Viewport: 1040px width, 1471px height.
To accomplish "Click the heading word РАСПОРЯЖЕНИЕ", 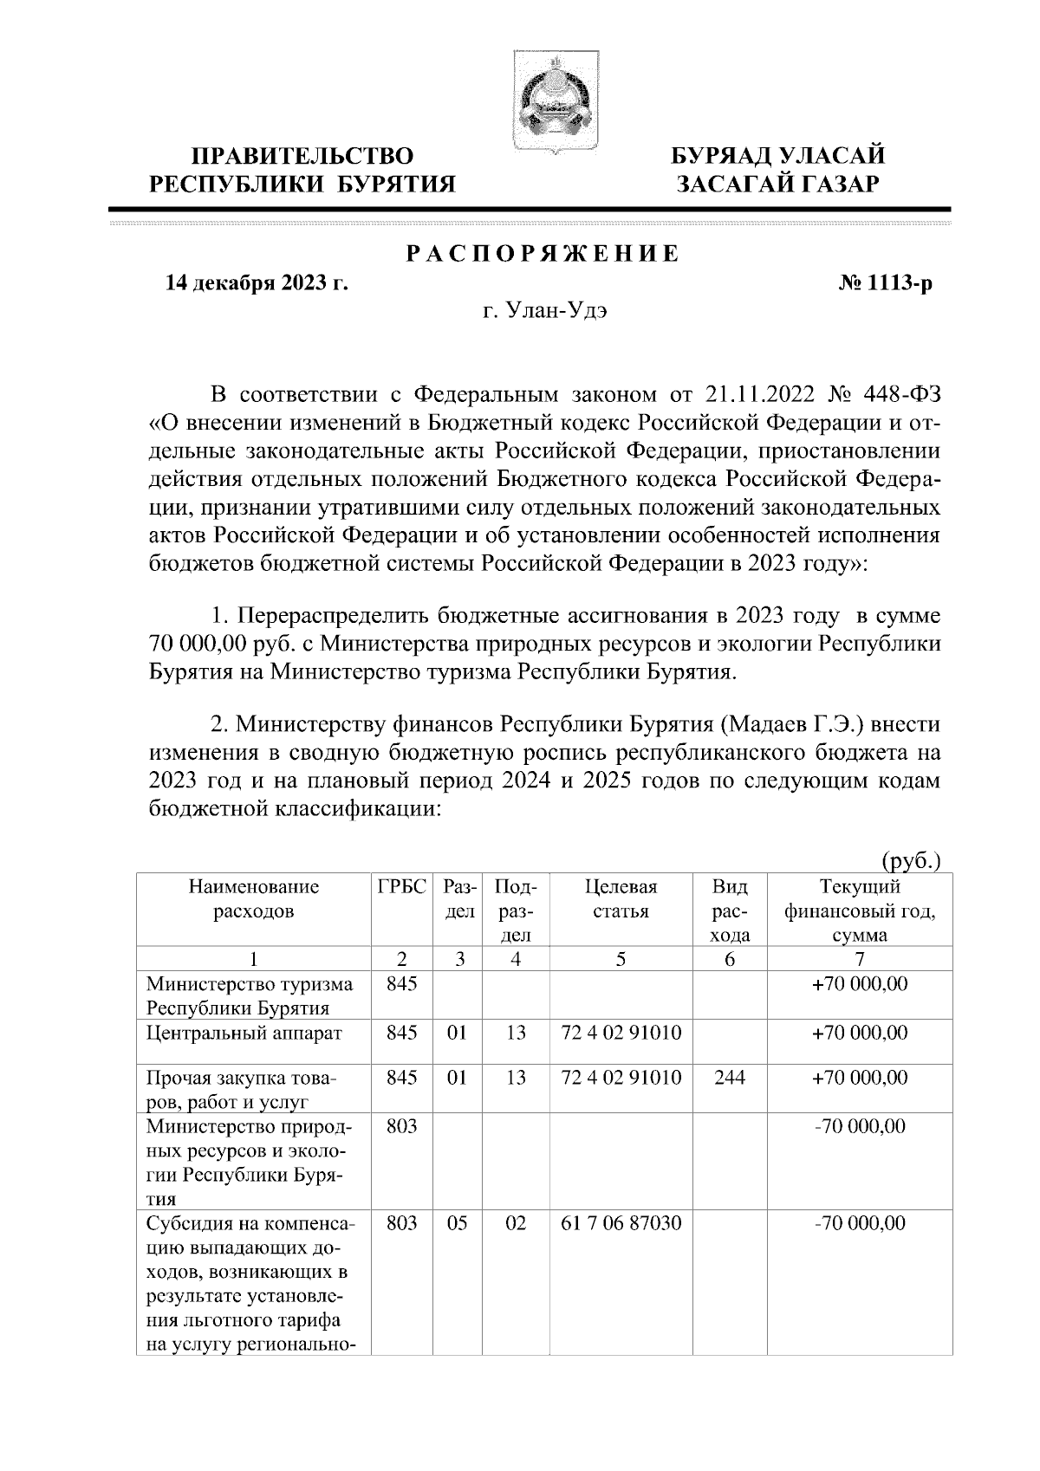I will (x=543, y=255).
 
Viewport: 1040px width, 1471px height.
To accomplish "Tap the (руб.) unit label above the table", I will (x=911, y=861).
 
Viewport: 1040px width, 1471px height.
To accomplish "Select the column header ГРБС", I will (x=402, y=887).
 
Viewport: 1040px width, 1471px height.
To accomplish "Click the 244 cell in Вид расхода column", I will (x=729, y=1078).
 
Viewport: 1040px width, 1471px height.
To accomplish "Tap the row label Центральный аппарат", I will (x=244, y=1033).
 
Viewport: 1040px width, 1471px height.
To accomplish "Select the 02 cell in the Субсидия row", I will (x=516, y=1223).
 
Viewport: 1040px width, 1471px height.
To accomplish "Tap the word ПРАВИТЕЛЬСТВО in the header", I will (x=302, y=156).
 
